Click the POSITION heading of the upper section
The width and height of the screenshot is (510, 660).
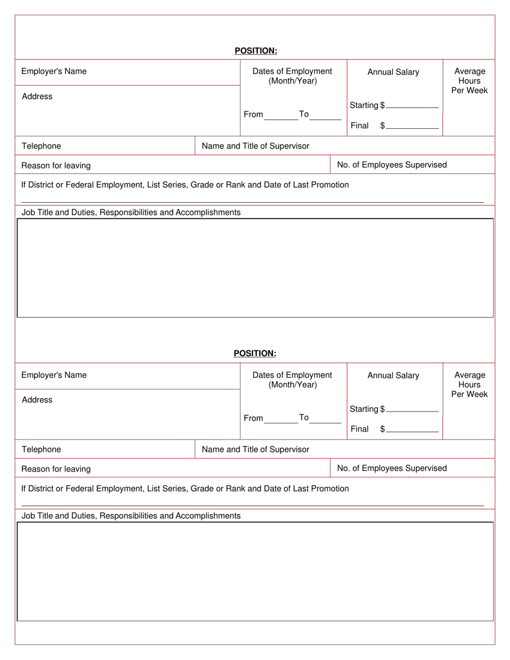(256, 51)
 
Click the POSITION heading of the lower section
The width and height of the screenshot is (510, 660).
(255, 353)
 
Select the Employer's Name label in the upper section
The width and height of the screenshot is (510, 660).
(54, 71)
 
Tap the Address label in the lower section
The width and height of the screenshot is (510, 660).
(37, 400)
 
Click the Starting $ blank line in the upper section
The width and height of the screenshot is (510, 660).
(412, 106)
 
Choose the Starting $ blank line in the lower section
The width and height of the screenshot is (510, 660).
(412, 410)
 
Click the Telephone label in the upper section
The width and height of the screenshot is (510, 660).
(41, 146)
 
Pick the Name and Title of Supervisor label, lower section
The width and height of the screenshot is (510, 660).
(256, 449)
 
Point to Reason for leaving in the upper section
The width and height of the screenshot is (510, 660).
(56, 165)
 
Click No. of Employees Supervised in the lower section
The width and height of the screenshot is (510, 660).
(392, 468)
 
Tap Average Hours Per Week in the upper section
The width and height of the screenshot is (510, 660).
(469, 81)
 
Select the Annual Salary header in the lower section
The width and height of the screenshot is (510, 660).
(393, 376)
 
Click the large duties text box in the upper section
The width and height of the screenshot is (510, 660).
(256, 268)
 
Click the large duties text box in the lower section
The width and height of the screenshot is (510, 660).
(256, 571)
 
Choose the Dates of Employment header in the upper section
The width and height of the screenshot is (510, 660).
(293, 76)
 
